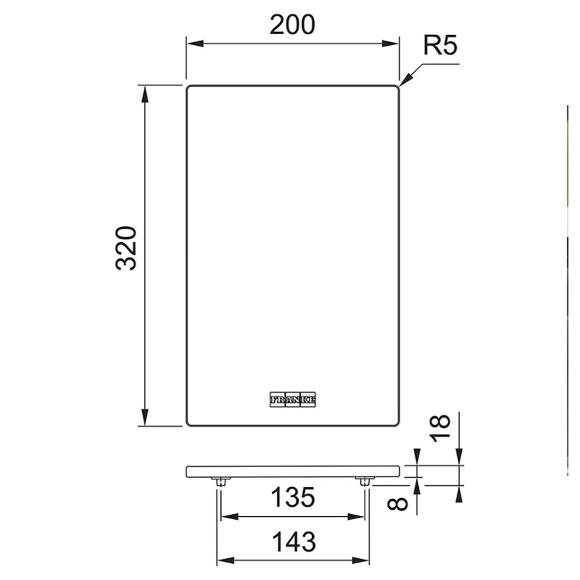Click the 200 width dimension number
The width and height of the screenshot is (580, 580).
point(292,25)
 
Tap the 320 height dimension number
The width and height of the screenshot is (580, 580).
point(126,248)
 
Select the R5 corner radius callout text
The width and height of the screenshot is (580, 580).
point(440,45)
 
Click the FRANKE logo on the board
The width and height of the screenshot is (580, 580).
point(293,399)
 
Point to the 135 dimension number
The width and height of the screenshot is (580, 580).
point(293,497)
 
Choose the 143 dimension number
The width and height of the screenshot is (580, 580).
point(294,542)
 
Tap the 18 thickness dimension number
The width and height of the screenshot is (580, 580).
point(440,428)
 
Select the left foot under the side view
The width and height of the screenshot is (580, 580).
point(221,481)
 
